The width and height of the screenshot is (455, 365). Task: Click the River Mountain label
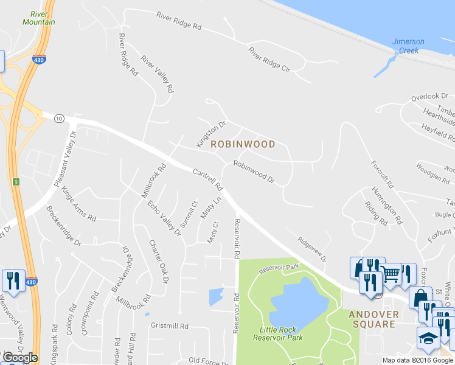pos(39,17)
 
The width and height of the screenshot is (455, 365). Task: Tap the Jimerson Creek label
pos(408,46)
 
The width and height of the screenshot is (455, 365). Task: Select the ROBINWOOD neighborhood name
pos(243,145)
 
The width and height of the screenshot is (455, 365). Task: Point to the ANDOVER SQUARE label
pos(373,319)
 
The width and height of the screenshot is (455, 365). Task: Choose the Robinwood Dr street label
pos(254,172)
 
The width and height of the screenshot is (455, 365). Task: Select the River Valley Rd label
pos(158,74)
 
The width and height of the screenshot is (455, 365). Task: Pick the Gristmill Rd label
pos(171,326)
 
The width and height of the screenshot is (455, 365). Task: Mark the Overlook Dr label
pos(429,97)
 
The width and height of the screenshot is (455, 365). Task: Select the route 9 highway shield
pos(14,181)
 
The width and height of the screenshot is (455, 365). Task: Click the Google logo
pos(20,357)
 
